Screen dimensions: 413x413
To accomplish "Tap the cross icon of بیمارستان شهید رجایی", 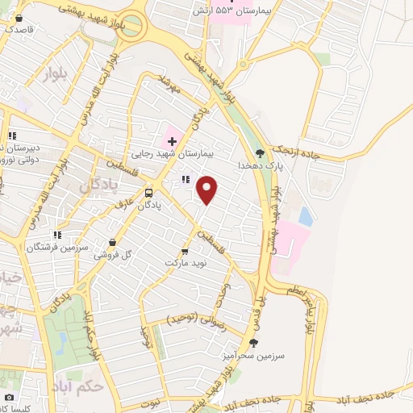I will (171, 140).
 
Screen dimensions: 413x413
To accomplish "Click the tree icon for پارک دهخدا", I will (259, 152).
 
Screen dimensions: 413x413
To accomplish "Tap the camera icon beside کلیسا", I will (9, 397).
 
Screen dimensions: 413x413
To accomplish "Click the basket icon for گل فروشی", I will (112, 241).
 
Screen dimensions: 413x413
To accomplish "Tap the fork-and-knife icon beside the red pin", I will (185, 180).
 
